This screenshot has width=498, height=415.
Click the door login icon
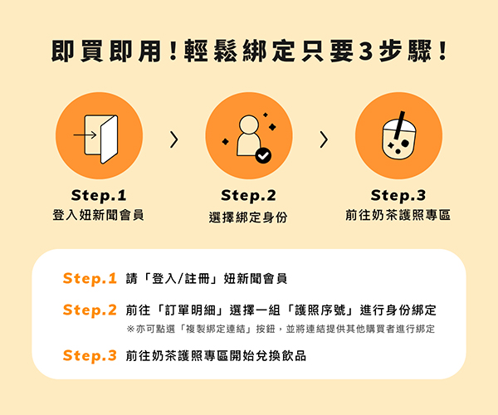tap(96, 139)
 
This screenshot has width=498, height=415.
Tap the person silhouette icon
tap(249, 136)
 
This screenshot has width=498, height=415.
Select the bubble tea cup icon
tap(399, 135)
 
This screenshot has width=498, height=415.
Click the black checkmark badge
tap(263, 155)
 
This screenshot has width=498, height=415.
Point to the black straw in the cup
tap(399, 125)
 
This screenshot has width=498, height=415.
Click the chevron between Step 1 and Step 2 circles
tap(174, 139)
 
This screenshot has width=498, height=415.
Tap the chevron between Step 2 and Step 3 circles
tap(324, 139)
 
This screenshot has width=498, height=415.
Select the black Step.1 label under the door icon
tap(99, 195)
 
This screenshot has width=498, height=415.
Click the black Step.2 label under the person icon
tap(248, 195)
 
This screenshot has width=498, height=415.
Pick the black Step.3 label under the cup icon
tap(398, 195)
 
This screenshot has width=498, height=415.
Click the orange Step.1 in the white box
tap(90, 279)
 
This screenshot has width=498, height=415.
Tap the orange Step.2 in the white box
tap(90, 310)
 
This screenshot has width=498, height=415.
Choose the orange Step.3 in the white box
tap(90, 355)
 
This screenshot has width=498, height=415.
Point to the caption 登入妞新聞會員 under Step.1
tap(99, 215)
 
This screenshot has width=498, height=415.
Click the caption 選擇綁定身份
tap(248, 217)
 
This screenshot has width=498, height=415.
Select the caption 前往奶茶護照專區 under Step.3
tap(398, 215)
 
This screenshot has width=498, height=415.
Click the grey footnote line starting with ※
tap(281, 329)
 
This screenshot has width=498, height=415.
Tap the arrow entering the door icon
tap(85, 135)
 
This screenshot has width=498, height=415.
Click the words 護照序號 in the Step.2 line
tap(320, 310)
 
